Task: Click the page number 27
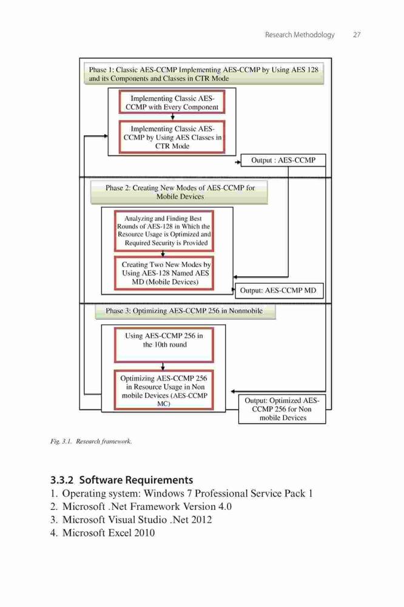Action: [357, 35]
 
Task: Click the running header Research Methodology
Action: [300, 35]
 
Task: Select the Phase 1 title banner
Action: [204, 73]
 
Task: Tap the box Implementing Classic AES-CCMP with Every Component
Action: [172, 102]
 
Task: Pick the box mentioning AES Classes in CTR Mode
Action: [172, 137]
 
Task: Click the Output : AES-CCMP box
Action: [283, 160]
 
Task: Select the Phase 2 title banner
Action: [179, 192]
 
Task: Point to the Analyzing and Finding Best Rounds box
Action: [164, 231]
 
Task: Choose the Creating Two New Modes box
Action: [164, 273]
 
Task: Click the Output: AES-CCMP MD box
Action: [278, 290]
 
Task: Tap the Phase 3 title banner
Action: [185, 311]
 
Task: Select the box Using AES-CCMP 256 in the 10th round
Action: [164, 345]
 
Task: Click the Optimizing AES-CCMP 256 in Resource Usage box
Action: [164, 390]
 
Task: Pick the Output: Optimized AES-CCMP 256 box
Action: [282, 409]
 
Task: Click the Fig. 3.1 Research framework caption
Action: [91, 441]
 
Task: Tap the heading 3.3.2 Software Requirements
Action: [121, 480]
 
